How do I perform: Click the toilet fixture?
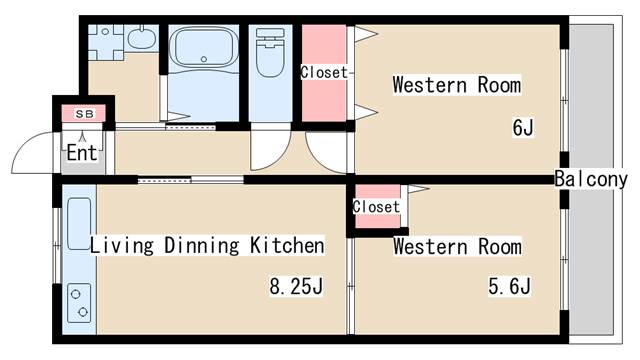pyautogui.click(x=270, y=52)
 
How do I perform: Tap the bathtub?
pyautogui.click(x=204, y=47)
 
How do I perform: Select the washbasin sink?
pyautogui.click(x=142, y=38)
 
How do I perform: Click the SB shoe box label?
pyautogui.click(x=84, y=114)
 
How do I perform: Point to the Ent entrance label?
pyautogui.click(x=82, y=153)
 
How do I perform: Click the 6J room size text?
pyautogui.click(x=523, y=127)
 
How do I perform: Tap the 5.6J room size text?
pyautogui.click(x=509, y=286)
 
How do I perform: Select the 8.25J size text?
pyautogui.click(x=296, y=286)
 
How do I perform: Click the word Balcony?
pyautogui.click(x=591, y=179)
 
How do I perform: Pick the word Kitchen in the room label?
pyautogui.click(x=287, y=245)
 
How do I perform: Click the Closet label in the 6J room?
pyautogui.click(x=324, y=73)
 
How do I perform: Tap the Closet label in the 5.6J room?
pyautogui.click(x=376, y=207)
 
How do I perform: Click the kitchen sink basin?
pyautogui.click(x=79, y=224)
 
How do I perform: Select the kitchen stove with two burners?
pyautogui.click(x=79, y=303)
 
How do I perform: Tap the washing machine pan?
pyautogui.click(x=106, y=42)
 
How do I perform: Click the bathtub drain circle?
pyautogui.click(x=204, y=59)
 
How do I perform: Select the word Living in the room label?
pyautogui.click(x=122, y=246)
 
